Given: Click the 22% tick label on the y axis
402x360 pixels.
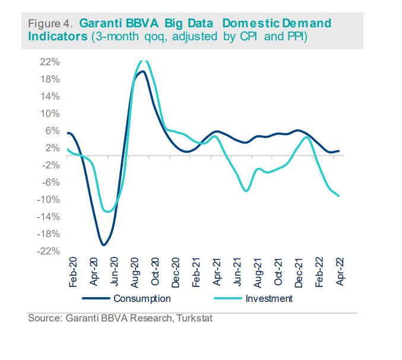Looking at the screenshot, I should [50, 62].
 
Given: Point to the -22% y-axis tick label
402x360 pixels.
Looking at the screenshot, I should [49, 251].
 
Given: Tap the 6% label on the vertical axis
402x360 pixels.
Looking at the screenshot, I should [52, 130].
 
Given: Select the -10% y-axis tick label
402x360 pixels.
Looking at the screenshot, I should [49, 199].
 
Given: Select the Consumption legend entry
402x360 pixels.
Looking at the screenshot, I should [142, 298].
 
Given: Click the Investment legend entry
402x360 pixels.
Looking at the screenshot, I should [269, 298].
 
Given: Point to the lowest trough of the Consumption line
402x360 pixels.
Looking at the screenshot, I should [103, 244].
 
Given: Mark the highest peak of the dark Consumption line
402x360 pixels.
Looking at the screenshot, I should [142, 72].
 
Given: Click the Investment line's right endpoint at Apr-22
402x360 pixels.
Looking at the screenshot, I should [339, 196].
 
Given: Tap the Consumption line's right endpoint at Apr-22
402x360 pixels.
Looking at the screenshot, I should [339, 151].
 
